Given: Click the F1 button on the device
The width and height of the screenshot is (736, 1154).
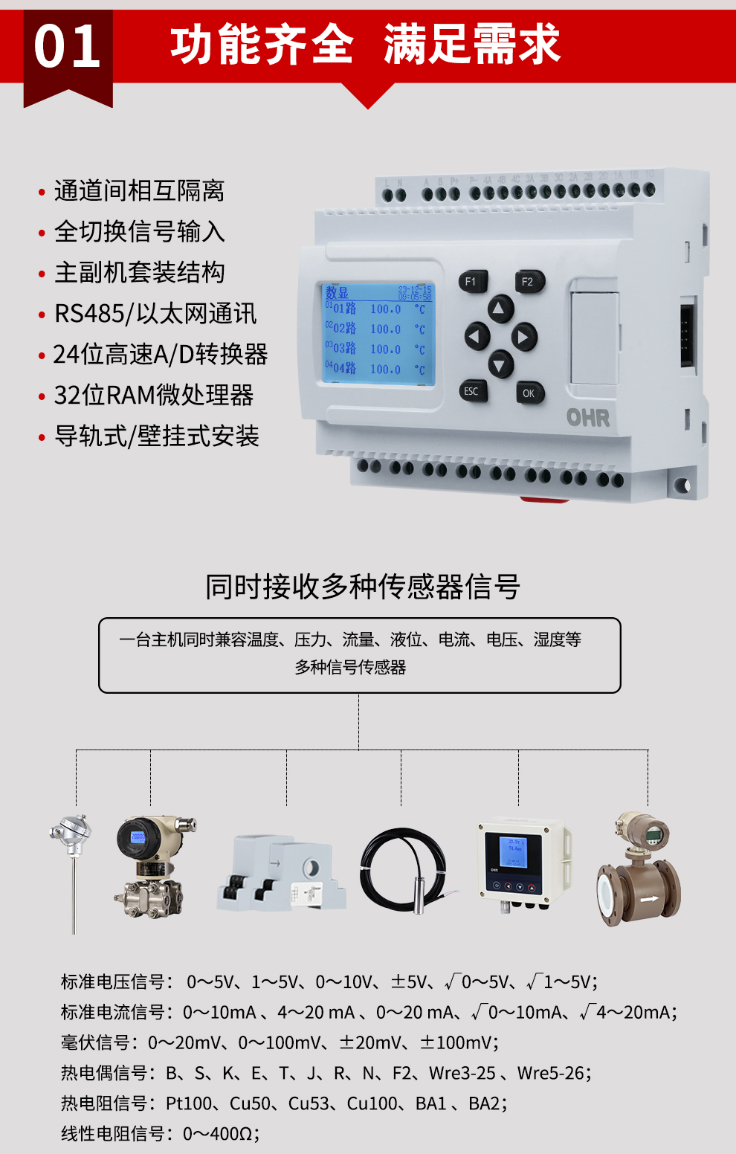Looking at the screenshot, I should [x=471, y=281].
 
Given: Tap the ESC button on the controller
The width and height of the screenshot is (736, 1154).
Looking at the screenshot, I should [x=472, y=391].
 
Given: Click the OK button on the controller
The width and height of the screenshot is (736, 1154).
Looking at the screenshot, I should [x=529, y=393].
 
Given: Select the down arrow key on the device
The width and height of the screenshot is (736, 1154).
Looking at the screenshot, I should [x=500, y=364].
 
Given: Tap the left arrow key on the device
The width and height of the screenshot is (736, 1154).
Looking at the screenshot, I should [x=477, y=337].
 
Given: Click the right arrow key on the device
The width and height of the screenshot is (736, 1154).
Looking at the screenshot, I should [x=523, y=337].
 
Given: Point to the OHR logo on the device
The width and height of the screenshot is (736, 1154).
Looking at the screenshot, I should [x=588, y=418].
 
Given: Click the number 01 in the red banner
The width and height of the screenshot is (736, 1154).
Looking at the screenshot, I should [x=68, y=47].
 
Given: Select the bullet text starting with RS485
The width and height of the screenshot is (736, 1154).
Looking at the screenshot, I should [x=155, y=314].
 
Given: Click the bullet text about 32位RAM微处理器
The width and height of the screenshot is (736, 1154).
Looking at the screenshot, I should [x=154, y=396].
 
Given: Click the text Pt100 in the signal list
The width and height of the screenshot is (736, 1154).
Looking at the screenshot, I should [x=190, y=1103].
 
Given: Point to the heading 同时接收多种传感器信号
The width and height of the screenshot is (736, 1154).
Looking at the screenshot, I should [x=362, y=587].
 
